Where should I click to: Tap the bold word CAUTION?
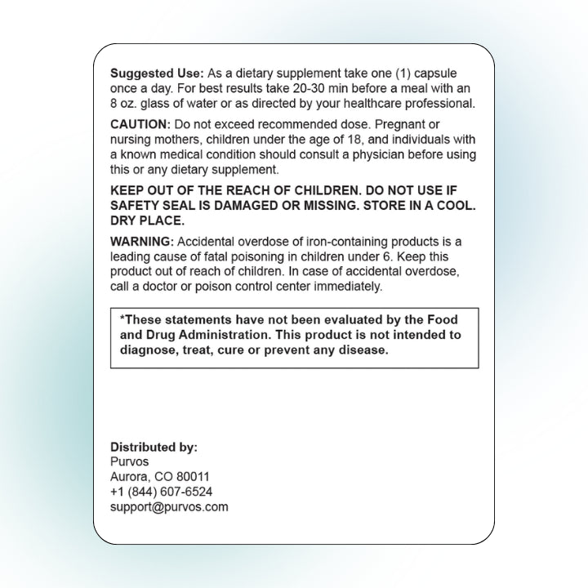click(x=140, y=124)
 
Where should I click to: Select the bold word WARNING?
click(x=142, y=241)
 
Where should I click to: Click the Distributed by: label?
click(x=154, y=447)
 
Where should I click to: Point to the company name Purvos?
click(x=129, y=461)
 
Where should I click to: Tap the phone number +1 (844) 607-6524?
click(x=161, y=492)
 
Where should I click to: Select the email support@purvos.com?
click(x=169, y=506)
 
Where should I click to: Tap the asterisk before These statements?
click(x=122, y=318)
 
